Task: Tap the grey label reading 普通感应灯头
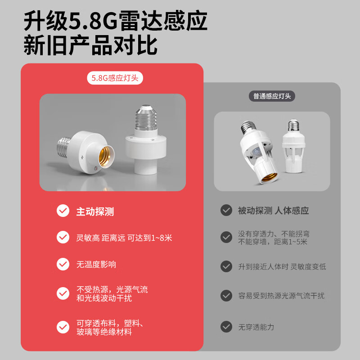[272, 96]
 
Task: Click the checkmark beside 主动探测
[63, 211]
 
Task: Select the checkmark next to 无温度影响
[63, 264]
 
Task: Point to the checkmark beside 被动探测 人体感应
[226, 211]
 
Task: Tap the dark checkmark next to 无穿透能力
[226, 327]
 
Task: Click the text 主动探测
[94, 211]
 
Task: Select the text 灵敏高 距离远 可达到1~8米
[124, 238]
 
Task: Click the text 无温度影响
[96, 264]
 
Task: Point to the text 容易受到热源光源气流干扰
[281, 296]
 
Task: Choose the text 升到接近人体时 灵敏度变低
[282, 266]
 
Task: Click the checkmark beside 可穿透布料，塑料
[63, 327]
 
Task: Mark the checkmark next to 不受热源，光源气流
[63, 293]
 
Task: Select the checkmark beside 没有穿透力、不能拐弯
[226, 237]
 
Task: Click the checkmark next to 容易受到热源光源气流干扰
[226, 296]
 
